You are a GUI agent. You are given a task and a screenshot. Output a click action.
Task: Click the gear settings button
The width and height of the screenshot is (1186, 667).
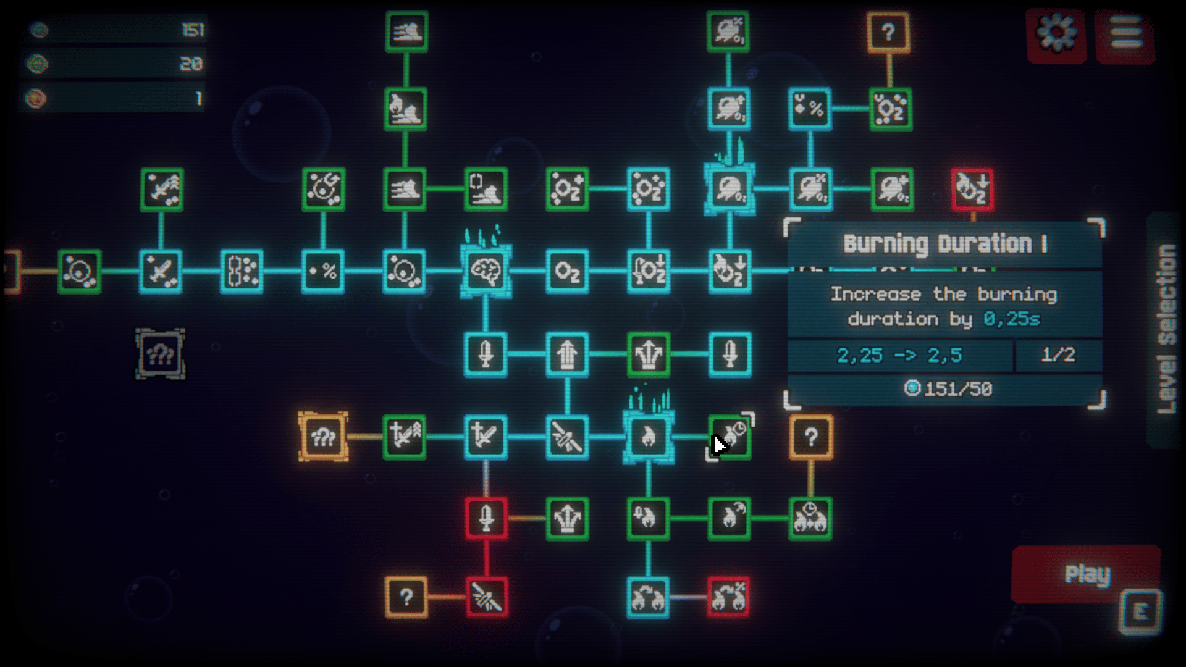coord(1056,35)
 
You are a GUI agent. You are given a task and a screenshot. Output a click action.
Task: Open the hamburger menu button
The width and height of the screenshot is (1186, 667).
coord(1125,35)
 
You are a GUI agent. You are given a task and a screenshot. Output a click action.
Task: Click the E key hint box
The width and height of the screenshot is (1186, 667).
coord(1141,612)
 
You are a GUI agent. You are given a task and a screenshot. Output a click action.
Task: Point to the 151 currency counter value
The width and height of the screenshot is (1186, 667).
coord(193,30)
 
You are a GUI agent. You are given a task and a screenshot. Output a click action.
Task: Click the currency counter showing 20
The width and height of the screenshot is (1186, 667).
coord(191,64)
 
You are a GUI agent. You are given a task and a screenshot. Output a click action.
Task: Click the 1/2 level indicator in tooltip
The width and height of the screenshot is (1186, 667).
coord(1058,355)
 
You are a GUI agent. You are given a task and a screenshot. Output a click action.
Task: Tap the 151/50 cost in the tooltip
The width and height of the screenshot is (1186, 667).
coord(949,389)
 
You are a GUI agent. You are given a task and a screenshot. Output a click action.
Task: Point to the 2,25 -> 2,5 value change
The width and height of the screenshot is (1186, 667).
coord(899,356)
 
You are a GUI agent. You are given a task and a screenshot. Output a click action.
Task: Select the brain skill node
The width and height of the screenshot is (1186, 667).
coord(486,271)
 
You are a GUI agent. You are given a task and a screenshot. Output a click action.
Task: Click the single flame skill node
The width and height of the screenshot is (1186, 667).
coord(648,437)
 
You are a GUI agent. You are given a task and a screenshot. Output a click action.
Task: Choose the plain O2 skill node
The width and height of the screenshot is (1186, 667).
coord(567,271)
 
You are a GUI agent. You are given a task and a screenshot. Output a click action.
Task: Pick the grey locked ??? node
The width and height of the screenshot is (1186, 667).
coord(160,354)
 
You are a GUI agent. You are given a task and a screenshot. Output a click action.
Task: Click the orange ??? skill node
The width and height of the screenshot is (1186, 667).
coord(323,437)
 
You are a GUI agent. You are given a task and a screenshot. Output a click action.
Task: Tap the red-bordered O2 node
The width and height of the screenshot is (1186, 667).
coord(972,189)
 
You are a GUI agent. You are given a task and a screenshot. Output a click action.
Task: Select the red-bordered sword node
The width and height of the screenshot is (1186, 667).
coord(486,518)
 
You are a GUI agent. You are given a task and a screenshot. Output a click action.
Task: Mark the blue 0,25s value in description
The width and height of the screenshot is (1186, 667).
coord(1012,319)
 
